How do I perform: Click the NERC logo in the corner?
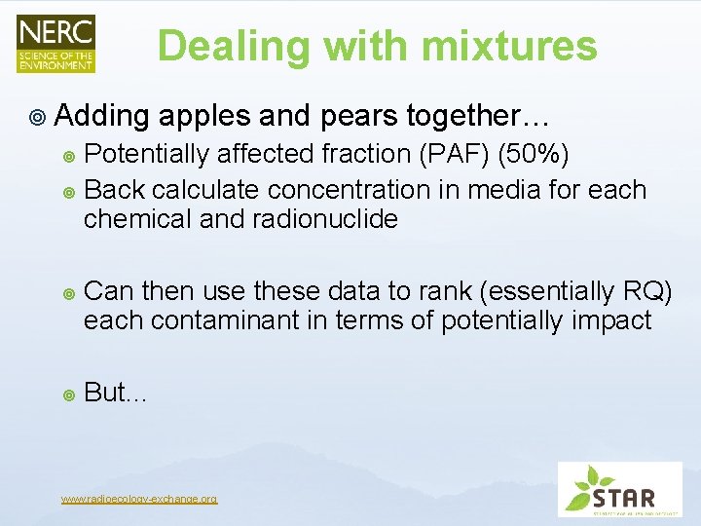tap(55, 45)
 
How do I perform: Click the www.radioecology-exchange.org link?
tap(139, 499)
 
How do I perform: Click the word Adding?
tap(103, 117)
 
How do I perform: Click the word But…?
tap(115, 393)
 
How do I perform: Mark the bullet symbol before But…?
tap(68, 394)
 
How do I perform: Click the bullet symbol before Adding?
tap(37, 118)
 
